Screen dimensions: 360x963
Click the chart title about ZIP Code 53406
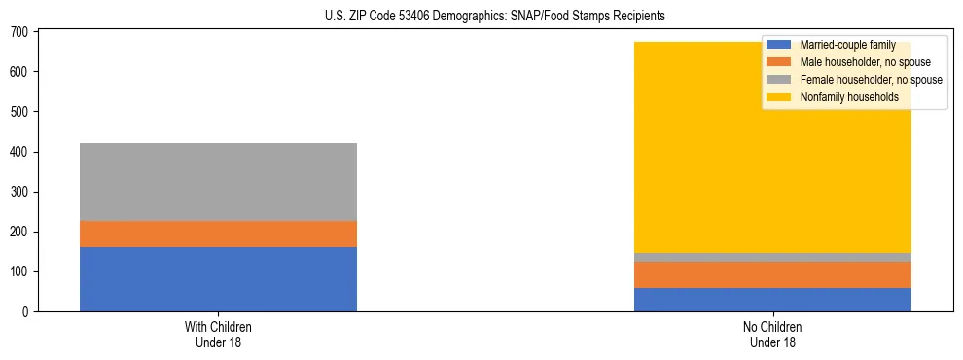(495, 16)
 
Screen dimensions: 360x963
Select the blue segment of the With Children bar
(218, 279)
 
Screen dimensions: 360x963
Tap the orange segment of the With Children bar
(218, 234)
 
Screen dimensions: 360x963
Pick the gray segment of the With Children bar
(218, 182)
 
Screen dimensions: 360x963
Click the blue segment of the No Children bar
(772, 300)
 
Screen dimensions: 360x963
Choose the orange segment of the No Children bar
(772, 274)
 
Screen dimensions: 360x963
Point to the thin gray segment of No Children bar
(772, 257)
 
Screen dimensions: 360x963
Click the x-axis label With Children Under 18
(218, 334)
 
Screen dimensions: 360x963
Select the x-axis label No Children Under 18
(772, 334)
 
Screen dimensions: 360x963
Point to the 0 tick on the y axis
(26, 312)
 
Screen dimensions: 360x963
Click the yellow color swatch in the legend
(779, 97)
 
